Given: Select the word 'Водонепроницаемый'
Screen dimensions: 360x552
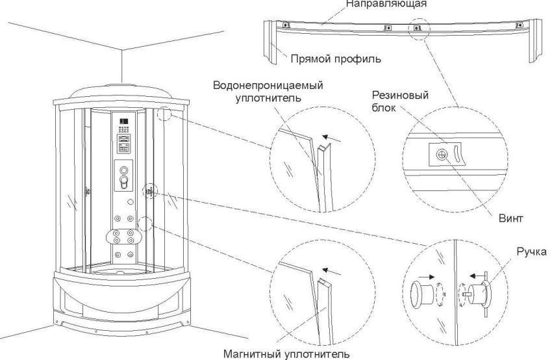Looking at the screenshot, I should tap(268, 86).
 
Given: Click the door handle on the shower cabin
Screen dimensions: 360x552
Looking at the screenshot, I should tap(150, 190).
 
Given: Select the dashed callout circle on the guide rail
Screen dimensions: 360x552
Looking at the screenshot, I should tap(418, 29).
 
